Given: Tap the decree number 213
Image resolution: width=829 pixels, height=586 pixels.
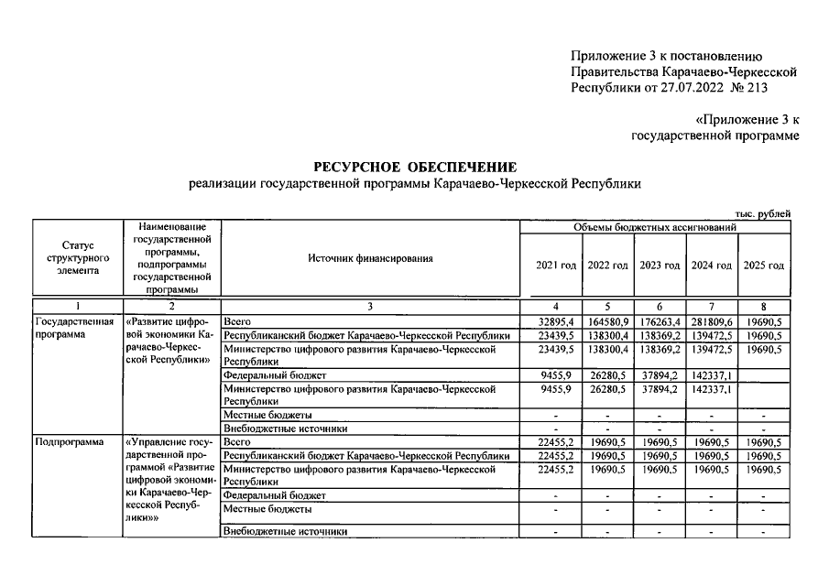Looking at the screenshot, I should [x=757, y=88].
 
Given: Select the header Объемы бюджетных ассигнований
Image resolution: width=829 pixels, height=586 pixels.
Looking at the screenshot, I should [x=655, y=226].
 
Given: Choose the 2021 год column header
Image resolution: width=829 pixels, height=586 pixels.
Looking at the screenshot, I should [x=555, y=266].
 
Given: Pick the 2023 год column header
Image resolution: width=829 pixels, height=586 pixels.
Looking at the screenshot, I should [x=660, y=266].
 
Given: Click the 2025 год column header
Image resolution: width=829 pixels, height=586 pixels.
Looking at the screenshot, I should [x=764, y=266].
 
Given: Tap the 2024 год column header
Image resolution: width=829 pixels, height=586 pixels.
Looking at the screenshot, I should [x=712, y=266].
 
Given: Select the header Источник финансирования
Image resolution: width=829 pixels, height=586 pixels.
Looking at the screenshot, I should [x=370, y=258].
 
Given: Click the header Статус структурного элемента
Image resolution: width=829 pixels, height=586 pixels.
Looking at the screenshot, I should [x=77, y=258].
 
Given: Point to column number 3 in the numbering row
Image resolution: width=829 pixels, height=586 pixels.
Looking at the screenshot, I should [x=370, y=306].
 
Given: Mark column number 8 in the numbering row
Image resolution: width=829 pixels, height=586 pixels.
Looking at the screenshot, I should [x=764, y=306].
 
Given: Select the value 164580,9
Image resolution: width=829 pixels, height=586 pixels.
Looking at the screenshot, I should [x=606, y=323].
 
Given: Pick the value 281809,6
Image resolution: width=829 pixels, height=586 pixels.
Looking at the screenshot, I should [x=712, y=323].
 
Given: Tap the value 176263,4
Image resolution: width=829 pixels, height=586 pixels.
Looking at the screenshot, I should [x=660, y=323].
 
